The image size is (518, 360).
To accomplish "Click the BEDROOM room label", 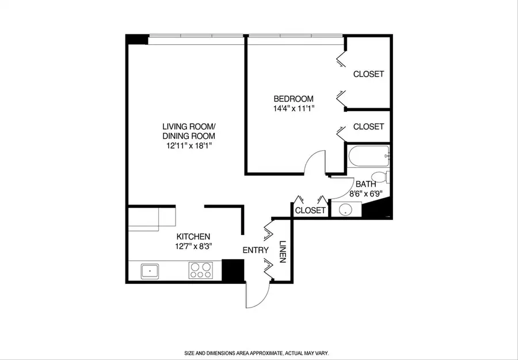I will [x=294, y=98].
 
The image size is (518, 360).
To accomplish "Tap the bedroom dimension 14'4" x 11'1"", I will [x=294, y=108].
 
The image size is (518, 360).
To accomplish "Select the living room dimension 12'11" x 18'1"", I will [x=189, y=146].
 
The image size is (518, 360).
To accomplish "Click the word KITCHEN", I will [x=193, y=237].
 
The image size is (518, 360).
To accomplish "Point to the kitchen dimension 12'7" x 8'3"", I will [x=193, y=247].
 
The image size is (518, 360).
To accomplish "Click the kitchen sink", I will [x=150, y=270].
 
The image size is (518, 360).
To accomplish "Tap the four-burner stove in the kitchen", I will [x=200, y=270].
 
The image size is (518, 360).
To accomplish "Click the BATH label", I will [x=365, y=184].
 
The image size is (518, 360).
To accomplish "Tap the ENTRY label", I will [x=256, y=250].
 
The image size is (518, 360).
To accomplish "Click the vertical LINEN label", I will [x=282, y=252].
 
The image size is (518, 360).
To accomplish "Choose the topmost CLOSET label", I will [x=368, y=74].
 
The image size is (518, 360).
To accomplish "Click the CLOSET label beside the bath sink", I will [x=310, y=211].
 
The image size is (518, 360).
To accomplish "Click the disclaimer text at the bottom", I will [x=256, y=353].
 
